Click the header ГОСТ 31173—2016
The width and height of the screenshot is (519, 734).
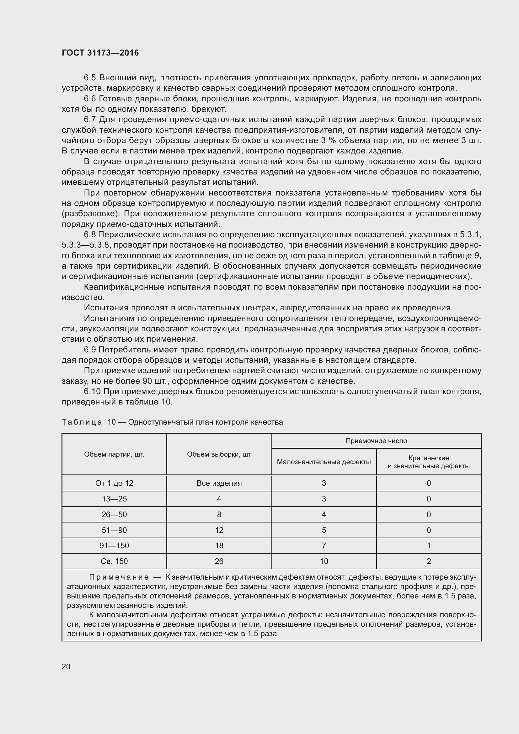click(x=100, y=53)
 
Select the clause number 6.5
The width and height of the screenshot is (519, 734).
click(x=90, y=78)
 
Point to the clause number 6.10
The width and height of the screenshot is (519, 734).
click(x=92, y=391)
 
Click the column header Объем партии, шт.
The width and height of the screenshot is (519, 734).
click(x=114, y=454)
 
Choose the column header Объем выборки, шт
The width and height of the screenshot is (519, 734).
click(x=219, y=454)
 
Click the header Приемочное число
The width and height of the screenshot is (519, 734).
click(x=376, y=441)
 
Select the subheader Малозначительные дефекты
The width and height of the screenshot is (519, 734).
click(x=324, y=462)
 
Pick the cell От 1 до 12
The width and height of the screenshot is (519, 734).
click(x=114, y=483)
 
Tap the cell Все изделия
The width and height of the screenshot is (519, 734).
click(x=219, y=483)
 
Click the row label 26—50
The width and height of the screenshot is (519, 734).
click(x=114, y=514)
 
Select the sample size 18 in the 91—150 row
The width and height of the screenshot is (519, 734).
click(x=219, y=545)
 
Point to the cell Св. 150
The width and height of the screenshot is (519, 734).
click(x=114, y=561)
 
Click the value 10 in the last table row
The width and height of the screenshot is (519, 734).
click(x=324, y=561)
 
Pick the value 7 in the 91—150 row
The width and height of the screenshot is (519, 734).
click(x=324, y=545)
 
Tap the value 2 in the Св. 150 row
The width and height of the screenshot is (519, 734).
click(x=429, y=561)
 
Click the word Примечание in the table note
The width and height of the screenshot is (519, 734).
click(x=119, y=577)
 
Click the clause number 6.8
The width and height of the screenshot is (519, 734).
click(x=90, y=235)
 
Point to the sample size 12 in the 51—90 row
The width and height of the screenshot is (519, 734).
click(x=219, y=530)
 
